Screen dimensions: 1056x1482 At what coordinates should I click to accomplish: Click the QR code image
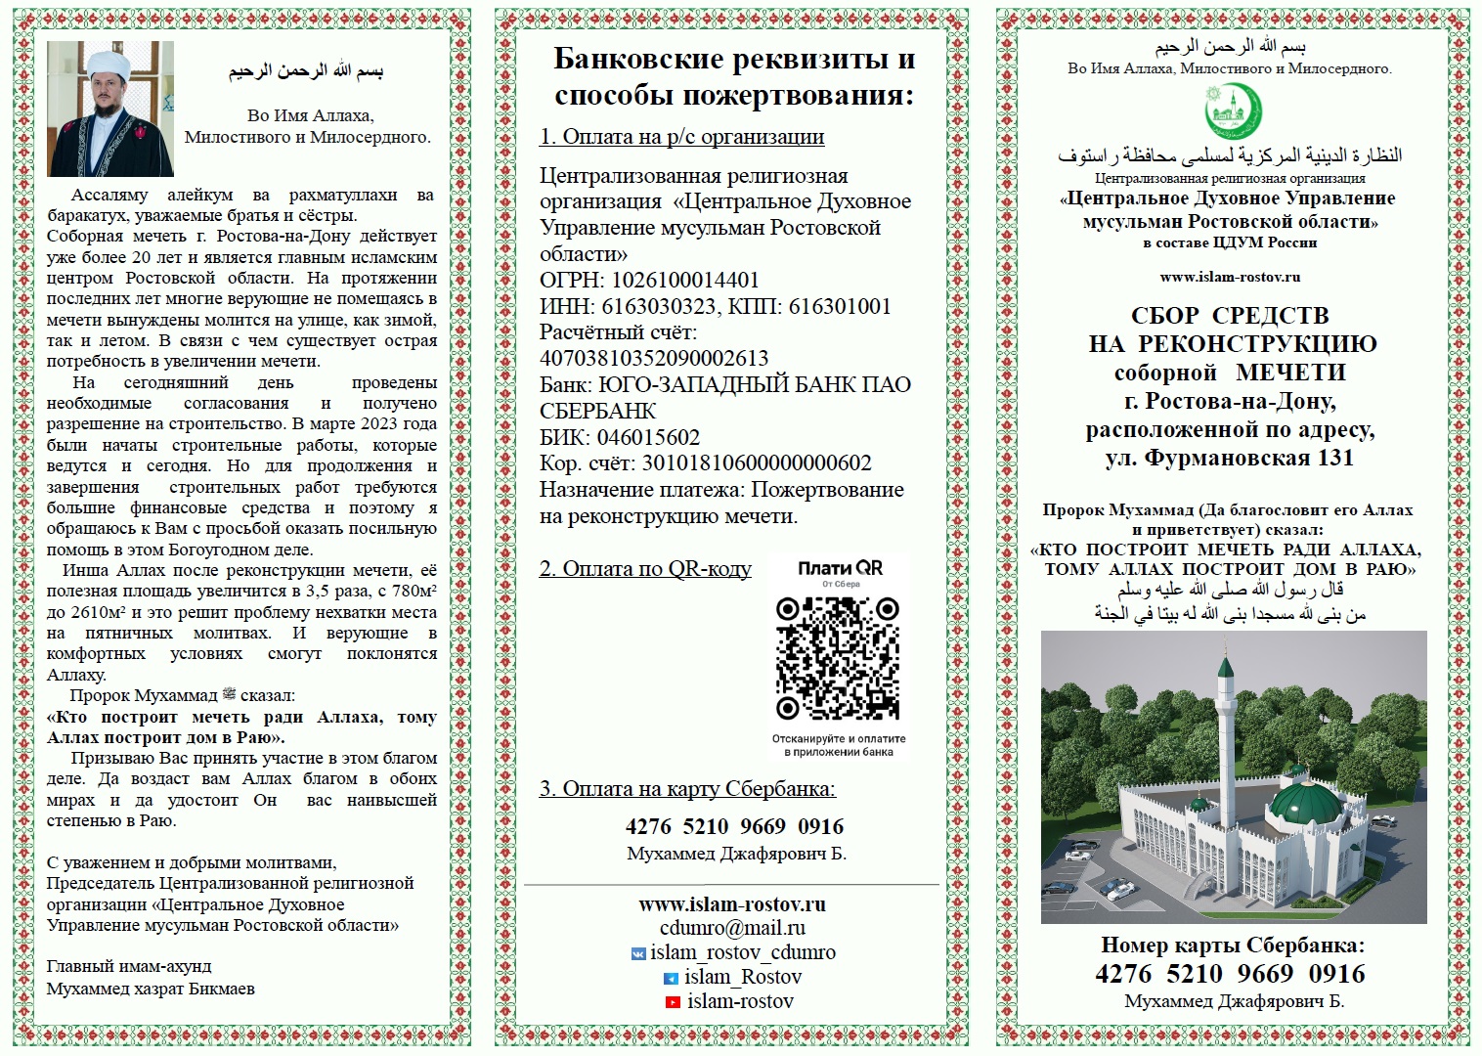click(x=838, y=658)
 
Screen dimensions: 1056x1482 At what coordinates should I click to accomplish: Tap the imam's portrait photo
click(x=110, y=109)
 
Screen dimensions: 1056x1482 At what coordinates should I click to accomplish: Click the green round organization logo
click(x=1232, y=111)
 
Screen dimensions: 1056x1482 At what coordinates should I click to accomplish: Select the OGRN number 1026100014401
click(x=684, y=281)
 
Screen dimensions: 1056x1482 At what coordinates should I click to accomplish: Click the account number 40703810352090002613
click(x=654, y=358)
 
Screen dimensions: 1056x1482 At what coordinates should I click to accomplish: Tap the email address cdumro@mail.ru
click(x=732, y=928)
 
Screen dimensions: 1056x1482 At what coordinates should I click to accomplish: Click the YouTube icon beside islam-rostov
click(x=672, y=1002)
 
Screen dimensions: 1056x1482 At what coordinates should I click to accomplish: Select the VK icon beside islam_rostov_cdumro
click(x=638, y=953)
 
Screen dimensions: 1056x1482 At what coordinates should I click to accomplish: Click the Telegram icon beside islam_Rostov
click(x=671, y=978)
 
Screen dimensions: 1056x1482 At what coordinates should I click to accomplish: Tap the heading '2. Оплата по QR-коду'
click(x=645, y=568)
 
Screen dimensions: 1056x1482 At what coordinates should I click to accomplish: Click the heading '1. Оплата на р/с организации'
click(x=681, y=137)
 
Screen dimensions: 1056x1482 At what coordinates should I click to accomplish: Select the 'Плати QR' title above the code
click(x=840, y=568)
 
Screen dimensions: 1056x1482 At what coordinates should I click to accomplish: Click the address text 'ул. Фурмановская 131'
click(x=1230, y=458)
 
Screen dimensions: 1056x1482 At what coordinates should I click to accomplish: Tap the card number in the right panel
click(x=1230, y=974)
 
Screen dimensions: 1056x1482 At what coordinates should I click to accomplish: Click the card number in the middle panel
click(x=734, y=826)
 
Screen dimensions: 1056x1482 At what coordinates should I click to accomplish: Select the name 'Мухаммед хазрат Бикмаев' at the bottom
click(x=151, y=989)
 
